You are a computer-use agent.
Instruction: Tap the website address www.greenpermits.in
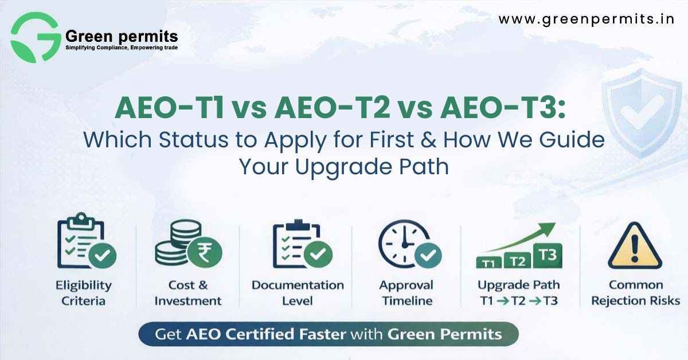tap(586, 19)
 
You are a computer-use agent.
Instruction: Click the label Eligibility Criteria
tap(84, 292)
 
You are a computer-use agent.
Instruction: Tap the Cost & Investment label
tap(188, 292)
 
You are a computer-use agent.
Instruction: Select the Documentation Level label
tap(298, 292)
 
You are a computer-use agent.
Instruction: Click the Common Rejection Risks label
tap(636, 292)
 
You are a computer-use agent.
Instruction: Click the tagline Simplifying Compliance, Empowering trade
tap(122, 47)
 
